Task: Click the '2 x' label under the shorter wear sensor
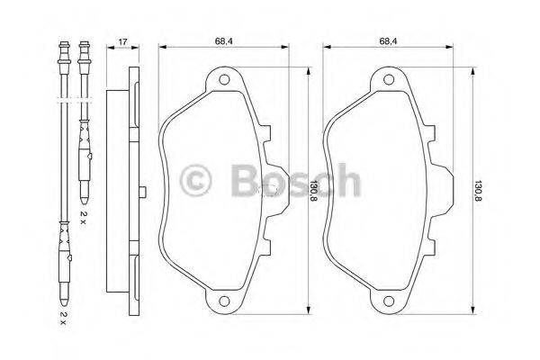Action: coord(83,215)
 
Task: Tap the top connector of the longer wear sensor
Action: coord(62,49)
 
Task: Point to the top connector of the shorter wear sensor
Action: coord(84,49)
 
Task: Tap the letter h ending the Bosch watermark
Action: coord(346,179)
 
